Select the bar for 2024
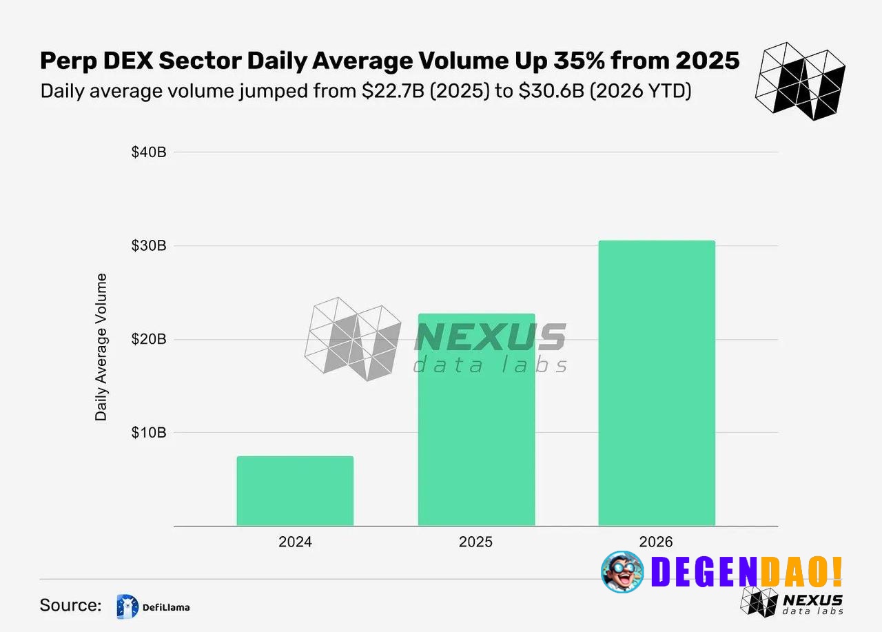point(295,491)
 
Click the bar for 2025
point(476,420)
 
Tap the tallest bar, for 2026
point(657,383)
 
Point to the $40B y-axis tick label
point(149,152)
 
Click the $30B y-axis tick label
point(149,246)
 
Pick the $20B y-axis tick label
point(149,339)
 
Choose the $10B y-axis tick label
point(149,433)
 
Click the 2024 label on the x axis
point(295,542)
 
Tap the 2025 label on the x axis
point(476,542)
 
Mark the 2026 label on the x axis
point(657,542)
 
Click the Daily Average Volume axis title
point(102,347)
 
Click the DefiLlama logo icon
point(128,606)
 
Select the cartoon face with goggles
point(622,572)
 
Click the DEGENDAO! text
point(747,571)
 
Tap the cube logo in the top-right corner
point(801,81)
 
